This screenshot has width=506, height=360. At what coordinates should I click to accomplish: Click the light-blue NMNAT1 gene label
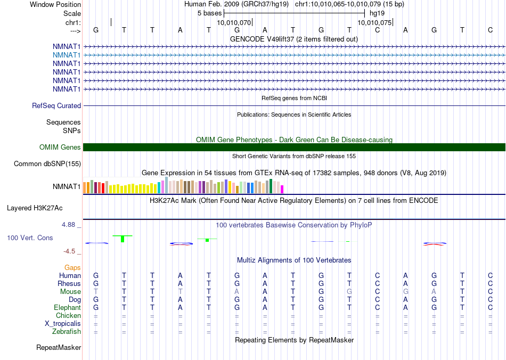point(67,55)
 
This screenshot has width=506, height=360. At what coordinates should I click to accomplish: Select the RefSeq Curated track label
point(56,106)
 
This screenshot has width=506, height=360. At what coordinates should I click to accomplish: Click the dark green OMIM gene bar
point(294,148)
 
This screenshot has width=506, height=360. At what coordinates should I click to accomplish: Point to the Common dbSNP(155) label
point(47,164)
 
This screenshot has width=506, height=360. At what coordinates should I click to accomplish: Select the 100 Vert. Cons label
point(30,238)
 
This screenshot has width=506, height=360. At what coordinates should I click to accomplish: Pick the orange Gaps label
point(72,267)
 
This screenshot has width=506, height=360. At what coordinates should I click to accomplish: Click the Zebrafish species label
point(67,332)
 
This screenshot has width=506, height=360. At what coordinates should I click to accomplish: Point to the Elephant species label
point(67,308)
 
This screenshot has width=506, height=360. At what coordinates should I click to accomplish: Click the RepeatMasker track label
point(59,348)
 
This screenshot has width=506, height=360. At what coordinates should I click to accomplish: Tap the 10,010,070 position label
point(234,23)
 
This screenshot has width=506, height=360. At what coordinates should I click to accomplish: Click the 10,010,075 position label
point(374,23)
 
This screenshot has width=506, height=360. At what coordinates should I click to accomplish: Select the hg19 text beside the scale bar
point(377,13)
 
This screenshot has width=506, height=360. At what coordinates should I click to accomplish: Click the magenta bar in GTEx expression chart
point(282,189)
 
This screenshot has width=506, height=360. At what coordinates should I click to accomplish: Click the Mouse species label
point(70,292)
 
